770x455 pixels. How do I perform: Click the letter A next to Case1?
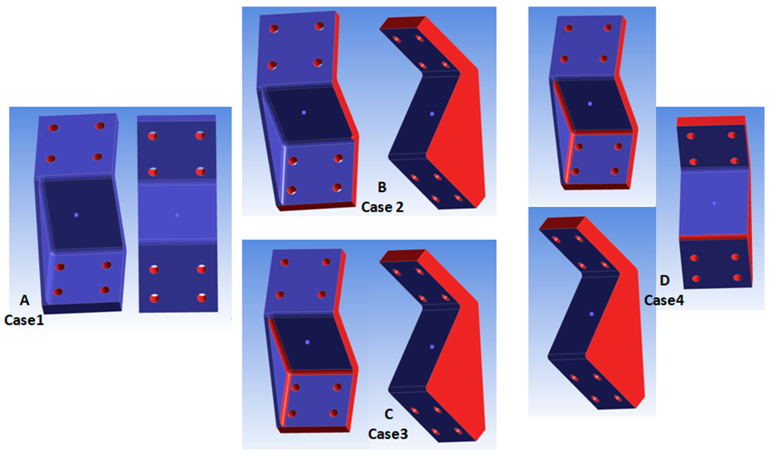25,301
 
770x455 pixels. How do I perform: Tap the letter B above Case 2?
382,187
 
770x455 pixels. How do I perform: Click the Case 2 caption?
382,207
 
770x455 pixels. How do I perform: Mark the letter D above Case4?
665,281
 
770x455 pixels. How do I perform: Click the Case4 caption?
664,300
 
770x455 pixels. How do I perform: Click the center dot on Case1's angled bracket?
76,215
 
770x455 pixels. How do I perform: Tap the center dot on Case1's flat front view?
177,215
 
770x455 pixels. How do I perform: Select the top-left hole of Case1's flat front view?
153,136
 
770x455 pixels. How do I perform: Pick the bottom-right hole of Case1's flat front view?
202,297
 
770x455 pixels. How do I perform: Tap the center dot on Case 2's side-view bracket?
432,114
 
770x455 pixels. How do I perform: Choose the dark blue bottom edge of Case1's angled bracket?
82,308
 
